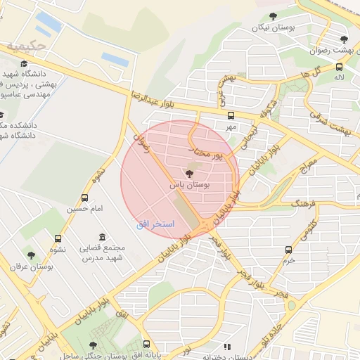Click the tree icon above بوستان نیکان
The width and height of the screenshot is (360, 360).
tap(274, 16)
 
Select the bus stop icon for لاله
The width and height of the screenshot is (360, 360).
tap(340, 67)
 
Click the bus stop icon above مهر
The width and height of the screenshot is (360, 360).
tap(231, 116)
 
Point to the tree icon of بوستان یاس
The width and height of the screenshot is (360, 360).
tap(189, 174)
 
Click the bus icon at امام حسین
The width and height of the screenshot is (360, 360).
tap(85, 198)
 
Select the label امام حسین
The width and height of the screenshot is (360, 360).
tap(85, 209)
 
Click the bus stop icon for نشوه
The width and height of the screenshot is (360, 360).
tap(58, 238)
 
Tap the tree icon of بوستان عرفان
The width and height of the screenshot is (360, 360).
tap(30, 255)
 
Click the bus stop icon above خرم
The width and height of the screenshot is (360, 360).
tap(288, 250)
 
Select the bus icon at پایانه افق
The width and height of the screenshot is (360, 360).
tap(146, 345)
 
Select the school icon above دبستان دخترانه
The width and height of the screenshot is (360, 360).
tap(226, 347)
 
